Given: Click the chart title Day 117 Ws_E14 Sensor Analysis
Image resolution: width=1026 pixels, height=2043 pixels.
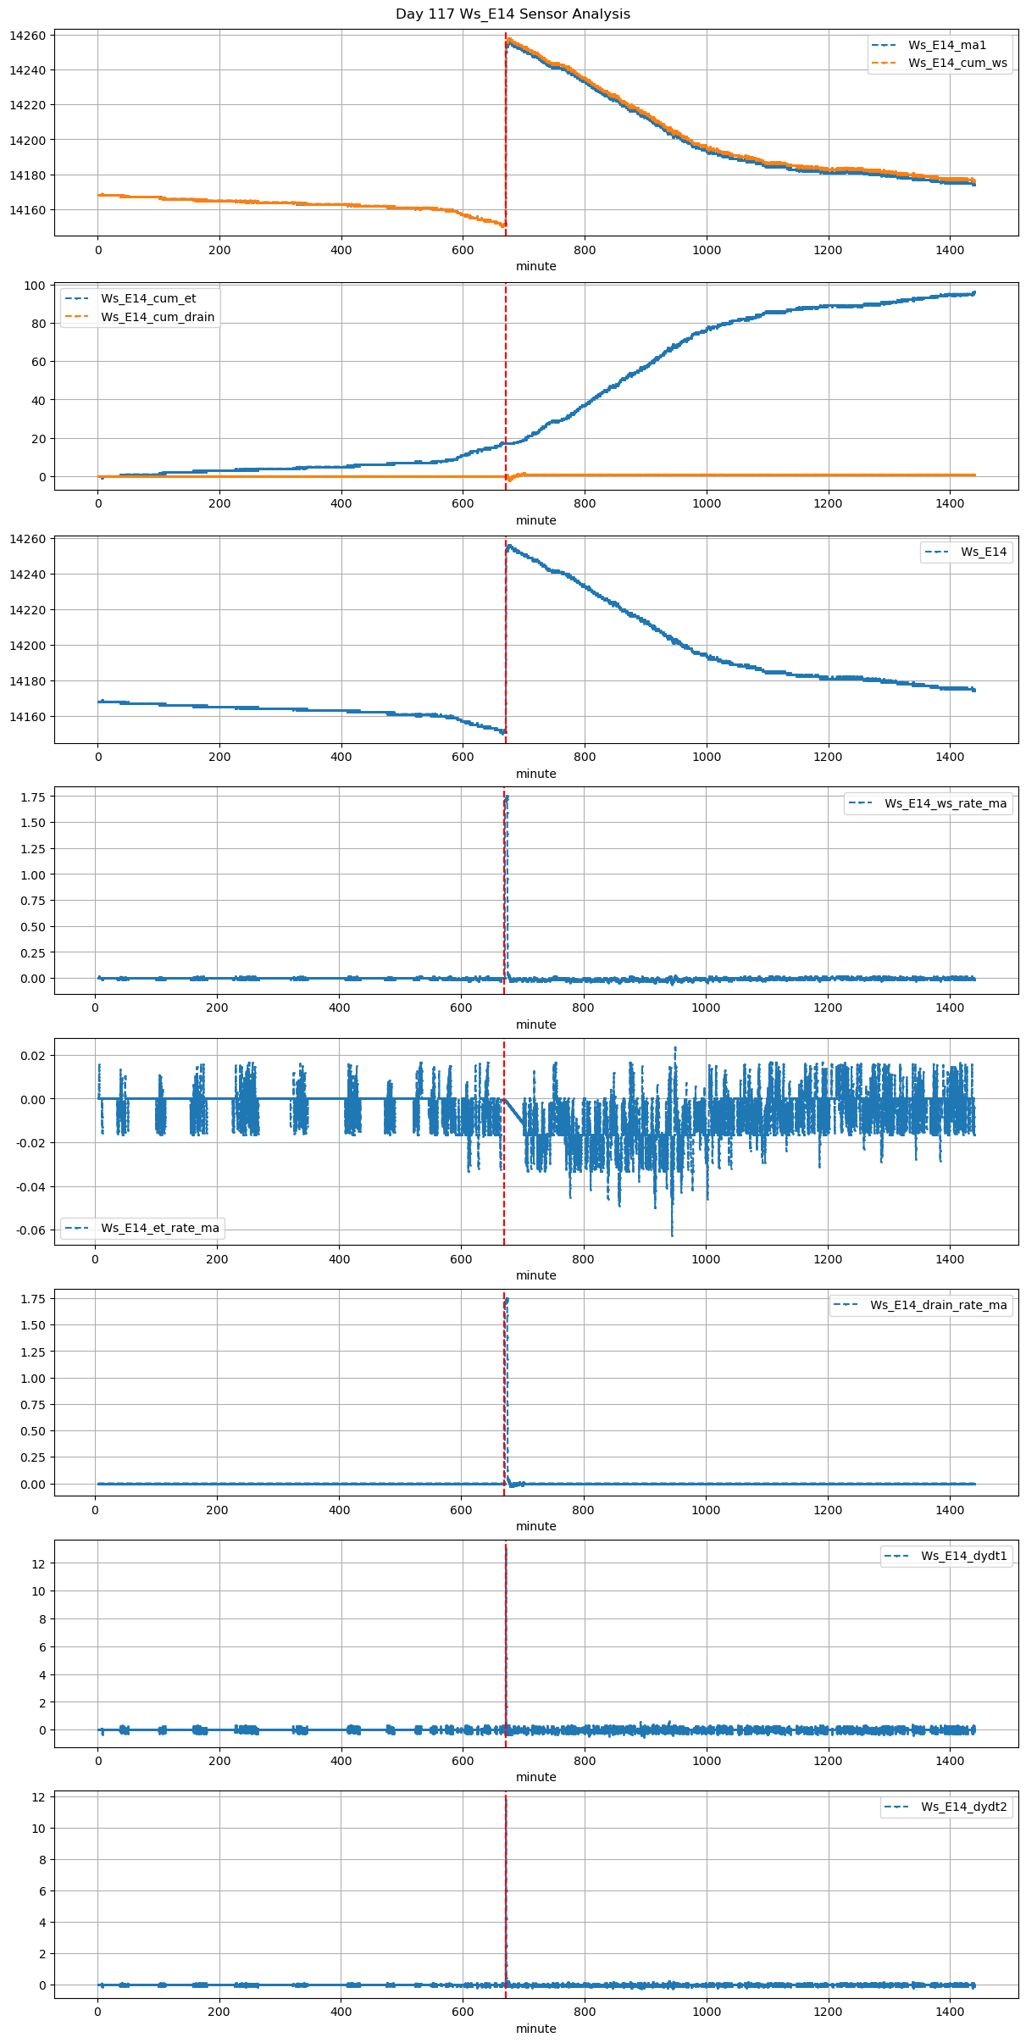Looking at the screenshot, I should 513,14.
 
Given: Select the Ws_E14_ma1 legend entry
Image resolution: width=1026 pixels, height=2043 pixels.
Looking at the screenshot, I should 947,45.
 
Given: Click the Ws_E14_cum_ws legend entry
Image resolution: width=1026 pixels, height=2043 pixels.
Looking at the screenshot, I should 957,64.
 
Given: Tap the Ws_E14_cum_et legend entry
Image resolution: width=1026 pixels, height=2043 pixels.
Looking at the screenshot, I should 148,298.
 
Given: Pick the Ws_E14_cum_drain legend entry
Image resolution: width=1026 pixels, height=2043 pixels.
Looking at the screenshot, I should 158,317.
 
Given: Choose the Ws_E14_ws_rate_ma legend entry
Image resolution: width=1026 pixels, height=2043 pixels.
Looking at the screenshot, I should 946,803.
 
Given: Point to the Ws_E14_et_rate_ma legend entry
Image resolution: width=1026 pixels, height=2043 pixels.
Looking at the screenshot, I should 159,1228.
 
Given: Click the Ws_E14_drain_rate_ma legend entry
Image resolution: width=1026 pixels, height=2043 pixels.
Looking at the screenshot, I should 938,1305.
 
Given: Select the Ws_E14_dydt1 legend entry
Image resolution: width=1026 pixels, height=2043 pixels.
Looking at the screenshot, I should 963,1556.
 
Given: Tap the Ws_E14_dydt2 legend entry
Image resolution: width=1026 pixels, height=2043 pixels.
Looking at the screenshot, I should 963,1807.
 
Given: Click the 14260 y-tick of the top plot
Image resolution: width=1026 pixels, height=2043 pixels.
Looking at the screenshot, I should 28,36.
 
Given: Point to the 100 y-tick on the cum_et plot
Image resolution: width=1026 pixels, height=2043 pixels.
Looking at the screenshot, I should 35,286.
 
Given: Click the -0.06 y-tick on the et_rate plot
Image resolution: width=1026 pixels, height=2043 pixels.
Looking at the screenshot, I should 30,1230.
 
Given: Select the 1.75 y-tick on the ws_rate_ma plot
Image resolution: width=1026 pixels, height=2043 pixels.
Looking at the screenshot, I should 31,797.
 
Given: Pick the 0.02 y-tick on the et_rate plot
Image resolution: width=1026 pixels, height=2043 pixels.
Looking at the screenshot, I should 33,1056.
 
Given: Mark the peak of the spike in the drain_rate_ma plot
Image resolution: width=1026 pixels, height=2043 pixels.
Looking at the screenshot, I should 507,1299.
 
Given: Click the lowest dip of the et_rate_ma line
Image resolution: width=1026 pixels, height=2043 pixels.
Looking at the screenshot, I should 673,1235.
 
